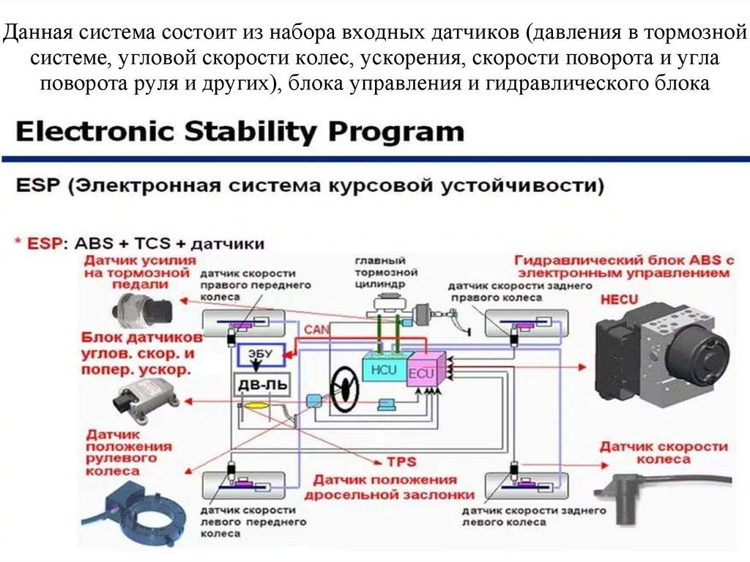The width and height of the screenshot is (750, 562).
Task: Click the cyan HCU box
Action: (383, 365)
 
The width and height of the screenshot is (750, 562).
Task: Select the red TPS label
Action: (401, 462)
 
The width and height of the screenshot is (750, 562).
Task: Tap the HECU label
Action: (619, 300)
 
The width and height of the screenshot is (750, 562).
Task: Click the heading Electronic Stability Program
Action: (240, 133)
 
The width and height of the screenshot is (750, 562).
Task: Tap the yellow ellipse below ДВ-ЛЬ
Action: (257, 405)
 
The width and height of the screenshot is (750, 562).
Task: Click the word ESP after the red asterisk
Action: (48, 243)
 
